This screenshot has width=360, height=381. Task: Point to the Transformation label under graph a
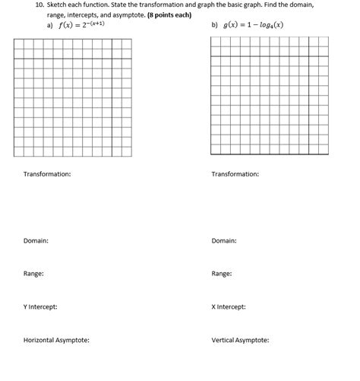click(47, 174)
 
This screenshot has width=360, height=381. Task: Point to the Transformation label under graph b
click(235, 174)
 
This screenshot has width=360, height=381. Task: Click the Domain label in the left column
click(36, 240)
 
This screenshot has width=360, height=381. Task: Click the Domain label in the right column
click(223, 240)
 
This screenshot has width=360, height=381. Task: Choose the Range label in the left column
click(33, 273)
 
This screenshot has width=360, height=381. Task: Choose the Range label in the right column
click(221, 273)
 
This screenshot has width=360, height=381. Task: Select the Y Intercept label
click(40, 306)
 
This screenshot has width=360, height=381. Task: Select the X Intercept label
click(228, 306)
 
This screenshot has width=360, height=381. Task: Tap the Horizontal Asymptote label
click(56, 340)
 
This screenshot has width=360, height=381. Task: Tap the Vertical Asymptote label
click(240, 340)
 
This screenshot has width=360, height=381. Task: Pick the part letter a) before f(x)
click(50, 25)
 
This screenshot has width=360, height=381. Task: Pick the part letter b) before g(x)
click(215, 25)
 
